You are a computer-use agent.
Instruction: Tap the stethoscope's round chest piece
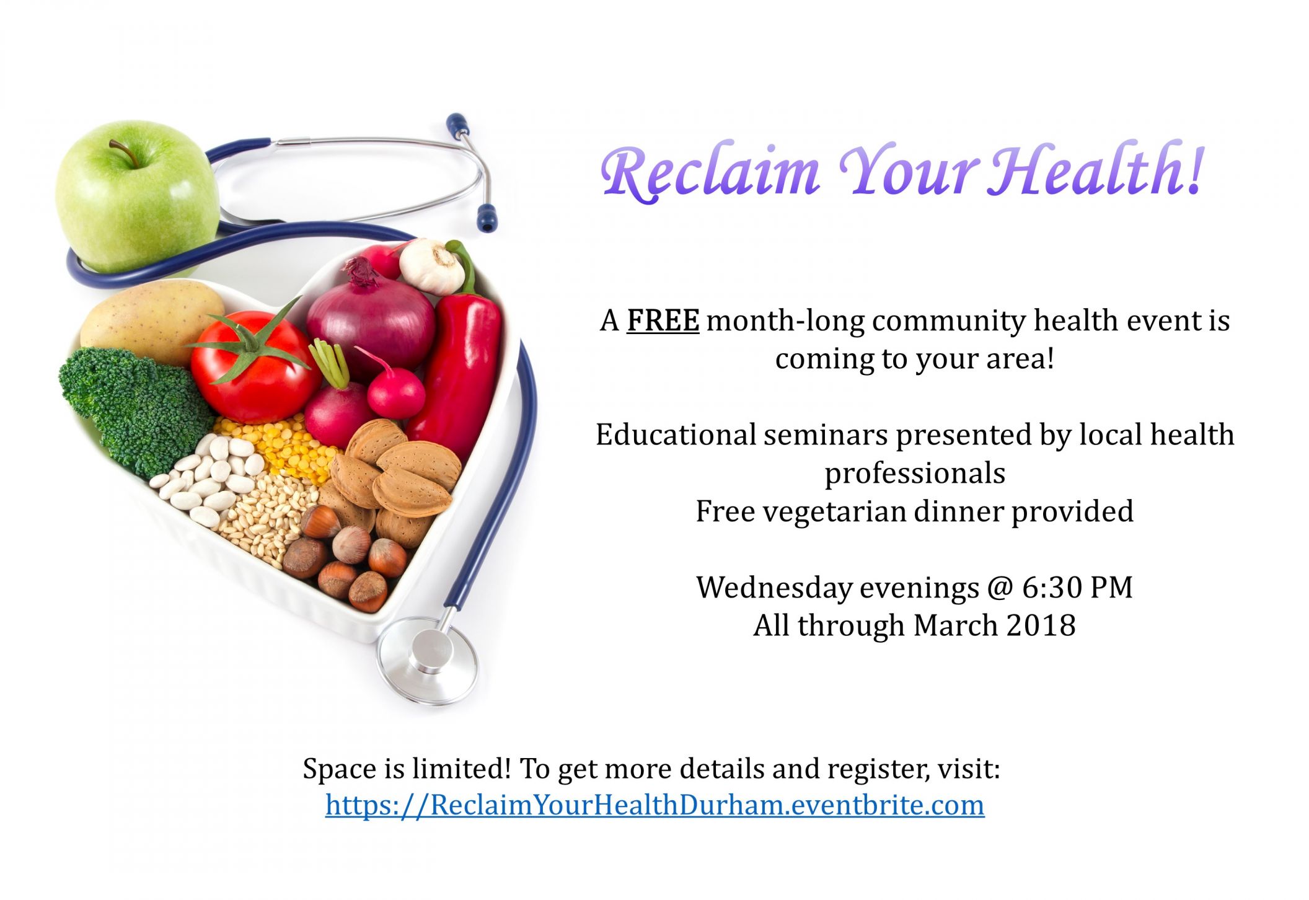coord(428,661)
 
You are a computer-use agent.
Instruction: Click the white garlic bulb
coord(431,267)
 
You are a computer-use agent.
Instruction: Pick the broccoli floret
coord(136,409)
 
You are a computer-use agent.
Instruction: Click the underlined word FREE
coord(663,320)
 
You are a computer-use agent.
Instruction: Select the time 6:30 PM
coord(1077,587)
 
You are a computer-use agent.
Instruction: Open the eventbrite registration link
coord(654,805)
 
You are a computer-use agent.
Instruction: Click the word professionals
coord(915,474)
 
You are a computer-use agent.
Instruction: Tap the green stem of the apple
coord(123,152)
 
